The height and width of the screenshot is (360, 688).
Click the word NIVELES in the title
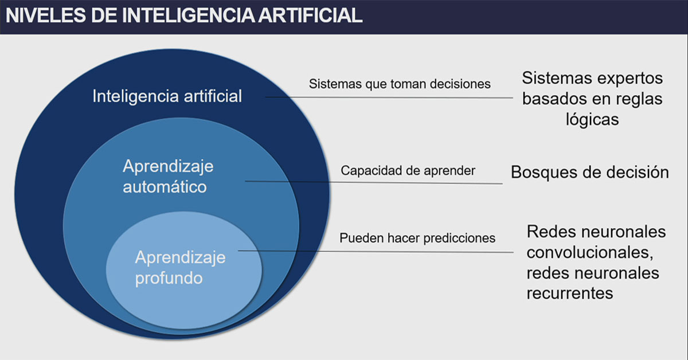(46, 15)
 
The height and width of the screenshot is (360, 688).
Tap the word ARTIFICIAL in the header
(310, 15)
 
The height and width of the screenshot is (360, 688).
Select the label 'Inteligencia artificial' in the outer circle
(167, 96)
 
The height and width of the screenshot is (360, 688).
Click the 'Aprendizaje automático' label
(168, 177)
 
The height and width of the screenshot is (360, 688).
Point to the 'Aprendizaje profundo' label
(180, 268)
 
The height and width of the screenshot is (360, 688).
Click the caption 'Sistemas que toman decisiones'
(400, 84)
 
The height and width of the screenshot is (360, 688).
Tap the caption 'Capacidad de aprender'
(408, 170)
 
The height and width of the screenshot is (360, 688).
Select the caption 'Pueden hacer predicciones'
(417, 238)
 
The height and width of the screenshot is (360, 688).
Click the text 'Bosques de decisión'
(590, 172)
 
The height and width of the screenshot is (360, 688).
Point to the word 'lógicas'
(592, 119)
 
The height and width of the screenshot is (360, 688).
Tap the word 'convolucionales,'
(590, 252)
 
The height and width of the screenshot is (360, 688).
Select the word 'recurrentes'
(570, 294)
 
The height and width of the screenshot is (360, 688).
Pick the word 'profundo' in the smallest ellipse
(169, 278)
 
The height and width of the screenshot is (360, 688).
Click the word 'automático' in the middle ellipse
(165, 187)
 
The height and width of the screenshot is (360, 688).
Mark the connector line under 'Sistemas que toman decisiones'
(389, 97)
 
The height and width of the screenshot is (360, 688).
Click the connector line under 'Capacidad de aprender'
(374, 182)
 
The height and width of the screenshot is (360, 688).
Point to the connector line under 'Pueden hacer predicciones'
(376, 252)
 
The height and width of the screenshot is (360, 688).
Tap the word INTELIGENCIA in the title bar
(189, 15)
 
